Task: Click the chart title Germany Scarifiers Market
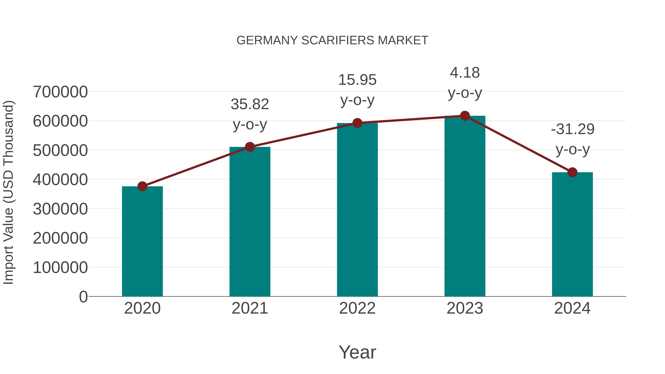(x=332, y=40)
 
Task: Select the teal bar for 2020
(x=142, y=241)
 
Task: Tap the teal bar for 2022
(x=357, y=210)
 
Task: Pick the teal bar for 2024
(x=572, y=234)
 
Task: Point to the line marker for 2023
(x=465, y=116)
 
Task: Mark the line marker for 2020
(x=142, y=186)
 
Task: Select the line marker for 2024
(x=572, y=172)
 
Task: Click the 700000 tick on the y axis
(x=60, y=92)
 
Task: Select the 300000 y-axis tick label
(x=60, y=209)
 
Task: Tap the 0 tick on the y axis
(x=83, y=297)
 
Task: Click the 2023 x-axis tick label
(x=465, y=308)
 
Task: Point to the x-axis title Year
(x=357, y=352)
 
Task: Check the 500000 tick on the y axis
(x=60, y=151)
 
